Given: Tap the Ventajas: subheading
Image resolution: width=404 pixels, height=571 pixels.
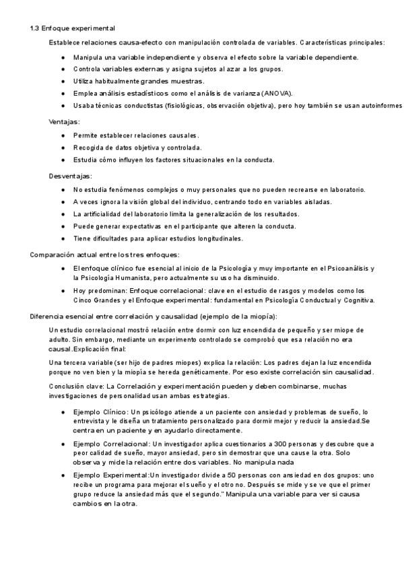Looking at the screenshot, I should click(x=64, y=122).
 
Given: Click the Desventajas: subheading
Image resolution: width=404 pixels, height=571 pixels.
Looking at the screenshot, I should click(x=71, y=176).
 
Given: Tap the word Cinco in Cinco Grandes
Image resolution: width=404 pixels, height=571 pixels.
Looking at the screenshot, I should click(x=83, y=300).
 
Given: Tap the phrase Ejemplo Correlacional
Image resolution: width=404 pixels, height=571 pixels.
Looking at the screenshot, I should click(x=112, y=444).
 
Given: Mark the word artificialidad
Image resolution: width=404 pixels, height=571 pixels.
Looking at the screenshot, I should click(x=110, y=213).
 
